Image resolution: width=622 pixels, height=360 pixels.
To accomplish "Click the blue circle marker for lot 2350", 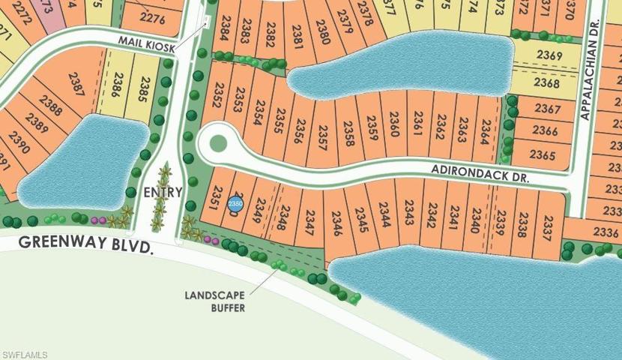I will (x=235, y=203).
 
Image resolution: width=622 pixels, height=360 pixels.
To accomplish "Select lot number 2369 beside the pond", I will (x=549, y=55).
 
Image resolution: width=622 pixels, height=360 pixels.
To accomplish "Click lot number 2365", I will (x=543, y=154).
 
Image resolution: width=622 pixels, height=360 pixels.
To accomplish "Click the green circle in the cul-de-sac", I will (x=217, y=142).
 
